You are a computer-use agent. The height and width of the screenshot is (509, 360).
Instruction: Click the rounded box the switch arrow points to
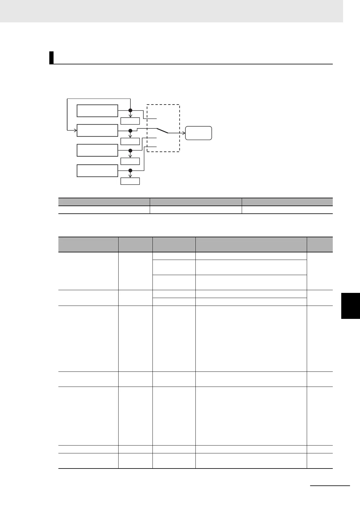tap(198, 133)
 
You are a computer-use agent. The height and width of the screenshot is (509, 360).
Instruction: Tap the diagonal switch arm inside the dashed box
tap(162, 131)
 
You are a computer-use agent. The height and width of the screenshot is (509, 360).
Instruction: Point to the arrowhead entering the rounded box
tap(184, 133)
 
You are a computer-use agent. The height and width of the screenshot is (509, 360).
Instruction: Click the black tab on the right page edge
tap(350, 306)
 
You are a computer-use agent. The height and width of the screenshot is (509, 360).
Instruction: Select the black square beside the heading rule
tap(51, 58)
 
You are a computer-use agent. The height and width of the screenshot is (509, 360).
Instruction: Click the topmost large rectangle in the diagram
tap(97, 111)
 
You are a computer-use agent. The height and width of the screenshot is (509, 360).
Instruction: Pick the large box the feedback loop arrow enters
tap(97, 130)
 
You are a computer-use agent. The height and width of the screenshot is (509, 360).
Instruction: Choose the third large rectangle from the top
tap(97, 150)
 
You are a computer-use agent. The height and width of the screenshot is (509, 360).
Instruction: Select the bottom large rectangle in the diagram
tap(97, 170)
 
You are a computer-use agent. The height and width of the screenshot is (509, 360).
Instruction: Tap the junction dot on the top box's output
tap(130, 110)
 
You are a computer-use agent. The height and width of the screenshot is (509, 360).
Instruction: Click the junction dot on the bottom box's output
tap(130, 170)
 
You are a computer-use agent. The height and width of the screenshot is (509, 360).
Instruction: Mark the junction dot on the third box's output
tap(130, 151)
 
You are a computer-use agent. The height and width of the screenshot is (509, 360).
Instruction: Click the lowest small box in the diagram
tap(130, 181)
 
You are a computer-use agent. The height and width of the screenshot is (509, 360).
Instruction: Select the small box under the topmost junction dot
tap(130, 121)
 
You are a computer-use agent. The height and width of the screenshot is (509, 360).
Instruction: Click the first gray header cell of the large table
tap(88, 245)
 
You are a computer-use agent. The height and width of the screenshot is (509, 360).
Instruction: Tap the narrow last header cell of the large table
tap(319, 245)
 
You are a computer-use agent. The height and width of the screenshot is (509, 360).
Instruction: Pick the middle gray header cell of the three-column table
tap(196, 202)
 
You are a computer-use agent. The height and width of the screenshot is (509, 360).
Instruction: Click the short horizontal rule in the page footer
tap(330, 486)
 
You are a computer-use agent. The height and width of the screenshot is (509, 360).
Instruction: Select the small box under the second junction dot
tap(130, 141)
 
